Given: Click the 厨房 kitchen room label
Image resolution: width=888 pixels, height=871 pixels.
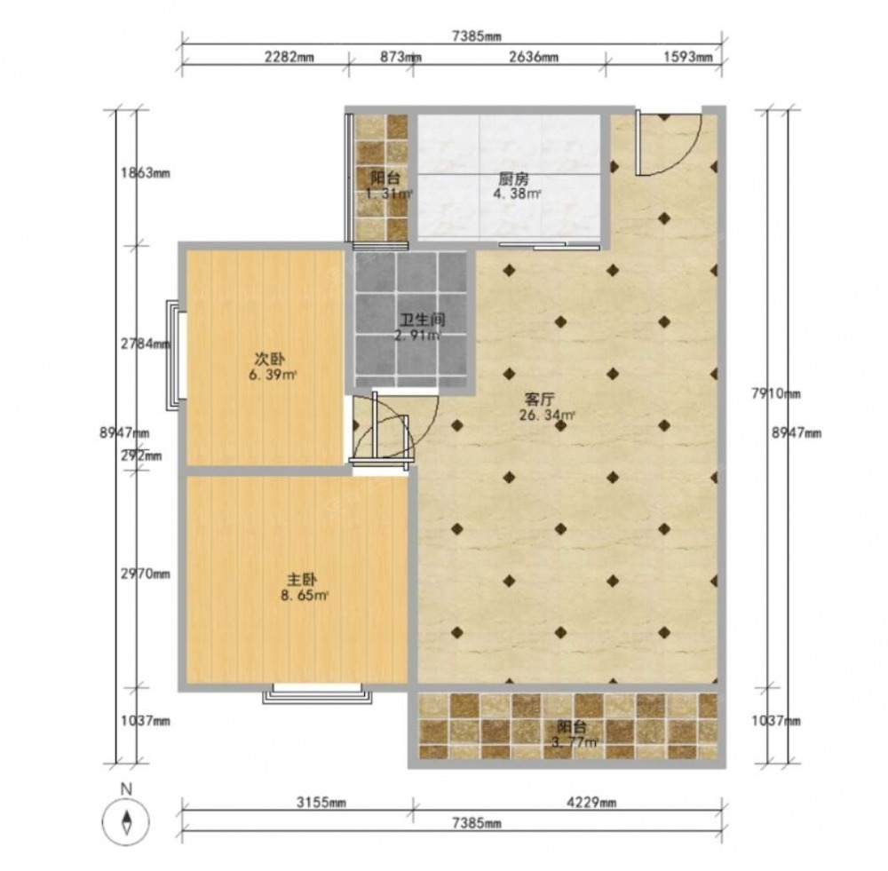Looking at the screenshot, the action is [513, 179].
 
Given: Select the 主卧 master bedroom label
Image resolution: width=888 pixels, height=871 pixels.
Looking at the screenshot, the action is [302, 580].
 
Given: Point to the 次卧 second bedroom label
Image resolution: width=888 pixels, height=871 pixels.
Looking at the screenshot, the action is [270, 359].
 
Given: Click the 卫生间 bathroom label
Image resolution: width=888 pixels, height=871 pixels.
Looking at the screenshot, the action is [423, 320].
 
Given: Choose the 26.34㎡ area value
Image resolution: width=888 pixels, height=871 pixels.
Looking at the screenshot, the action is [547, 416].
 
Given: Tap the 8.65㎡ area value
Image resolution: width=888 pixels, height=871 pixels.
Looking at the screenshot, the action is [305, 596].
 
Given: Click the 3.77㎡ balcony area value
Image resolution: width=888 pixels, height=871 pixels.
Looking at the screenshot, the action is [575, 742].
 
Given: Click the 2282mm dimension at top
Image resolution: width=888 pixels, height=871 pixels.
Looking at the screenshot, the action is [289, 57].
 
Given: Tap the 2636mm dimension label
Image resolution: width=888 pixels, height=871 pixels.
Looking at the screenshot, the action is [534, 57].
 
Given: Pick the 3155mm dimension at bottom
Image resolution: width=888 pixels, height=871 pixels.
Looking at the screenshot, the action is [321, 803].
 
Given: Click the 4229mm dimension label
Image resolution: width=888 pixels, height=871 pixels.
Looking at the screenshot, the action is [591, 803].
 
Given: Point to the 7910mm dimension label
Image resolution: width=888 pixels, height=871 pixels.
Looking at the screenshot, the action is [776, 393].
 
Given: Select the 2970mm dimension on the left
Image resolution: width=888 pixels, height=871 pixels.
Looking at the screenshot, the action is [146, 574].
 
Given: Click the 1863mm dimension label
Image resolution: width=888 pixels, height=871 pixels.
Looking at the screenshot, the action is [146, 173].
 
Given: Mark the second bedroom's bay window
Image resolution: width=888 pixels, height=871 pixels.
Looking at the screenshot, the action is [176, 355].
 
